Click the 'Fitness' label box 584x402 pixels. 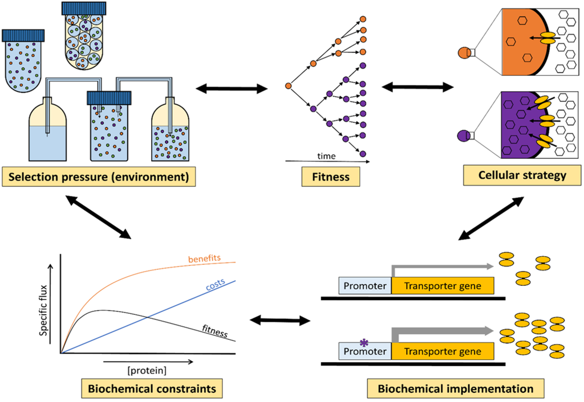pyautogui.click(x=331, y=177)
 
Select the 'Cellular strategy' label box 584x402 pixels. pyautogui.click(x=522, y=175)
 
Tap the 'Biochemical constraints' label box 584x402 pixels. pyautogui.click(x=152, y=388)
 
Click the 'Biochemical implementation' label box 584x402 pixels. pyautogui.click(x=456, y=388)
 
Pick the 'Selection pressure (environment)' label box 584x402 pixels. pyautogui.click(x=99, y=177)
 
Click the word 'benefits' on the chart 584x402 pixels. pyautogui.click(x=205, y=259)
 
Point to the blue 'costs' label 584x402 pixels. pyautogui.click(x=216, y=285)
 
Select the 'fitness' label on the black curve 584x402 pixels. pyautogui.click(x=215, y=331)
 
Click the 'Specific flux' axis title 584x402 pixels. pyautogui.click(x=43, y=310)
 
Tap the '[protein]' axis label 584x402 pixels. pyautogui.click(x=147, y=370)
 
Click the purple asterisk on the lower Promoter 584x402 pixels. pyautogui.click(x=364, y=343)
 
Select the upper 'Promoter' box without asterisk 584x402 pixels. pyautogui.click(x=365, y=286)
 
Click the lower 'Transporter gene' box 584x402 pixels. pyautogui.click(x=443, y=351)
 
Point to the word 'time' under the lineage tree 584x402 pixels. pyautogui.click(x=326, y=156)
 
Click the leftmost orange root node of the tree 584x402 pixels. pyautogui.click(x=288, y=86)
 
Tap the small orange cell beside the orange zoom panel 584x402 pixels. pyautogui.click(x=464, y=52)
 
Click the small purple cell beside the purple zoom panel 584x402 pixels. pyautogui.click(x=463, y=136)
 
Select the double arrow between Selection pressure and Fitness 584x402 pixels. pyautogui.click(x=232, y=88)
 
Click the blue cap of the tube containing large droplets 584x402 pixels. pyautogui.click(x=84, y=8)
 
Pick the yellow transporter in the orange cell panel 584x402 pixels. pyautogui.click(x=547, y=38)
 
